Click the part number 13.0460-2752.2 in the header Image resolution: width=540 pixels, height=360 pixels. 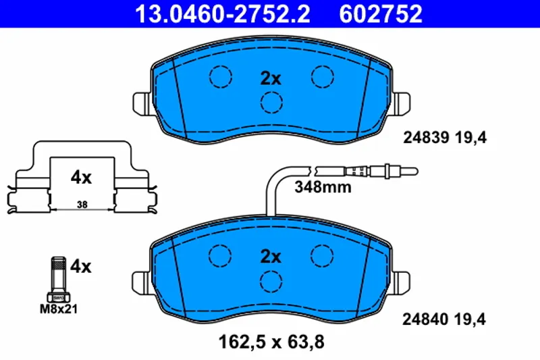(223, 14)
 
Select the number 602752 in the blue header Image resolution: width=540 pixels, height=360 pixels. (381, 14)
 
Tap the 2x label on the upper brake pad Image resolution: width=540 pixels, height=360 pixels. (271, 78)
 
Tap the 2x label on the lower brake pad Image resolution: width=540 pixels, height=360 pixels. (271, 257)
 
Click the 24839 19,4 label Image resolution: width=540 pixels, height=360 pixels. (445, 138)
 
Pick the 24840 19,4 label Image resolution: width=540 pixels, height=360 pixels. (444, 319)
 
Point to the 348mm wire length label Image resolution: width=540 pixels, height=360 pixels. (323, 187)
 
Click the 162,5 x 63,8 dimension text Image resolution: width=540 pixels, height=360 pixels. (271, 342)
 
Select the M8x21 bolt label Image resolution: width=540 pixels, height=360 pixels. (59, 309)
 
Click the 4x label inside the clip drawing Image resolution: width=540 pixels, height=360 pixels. (81, 178)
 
